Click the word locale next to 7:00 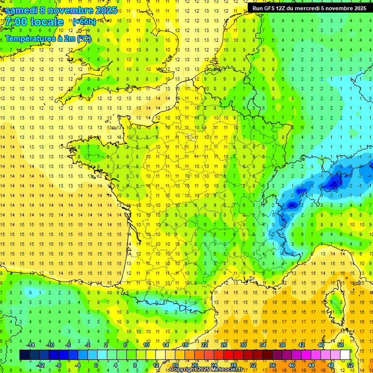(x=47, y=22)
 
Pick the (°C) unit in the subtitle (x=84, y=38)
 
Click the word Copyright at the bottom (x=183, y=370)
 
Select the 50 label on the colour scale (x=340, y=345)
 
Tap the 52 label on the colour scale (x=350, y=365)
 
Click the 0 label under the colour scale (x=96, y=365)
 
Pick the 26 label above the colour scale (x=224, y=345)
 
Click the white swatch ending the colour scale (x=345, y=355)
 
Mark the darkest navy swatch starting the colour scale (x=24, y=355)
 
